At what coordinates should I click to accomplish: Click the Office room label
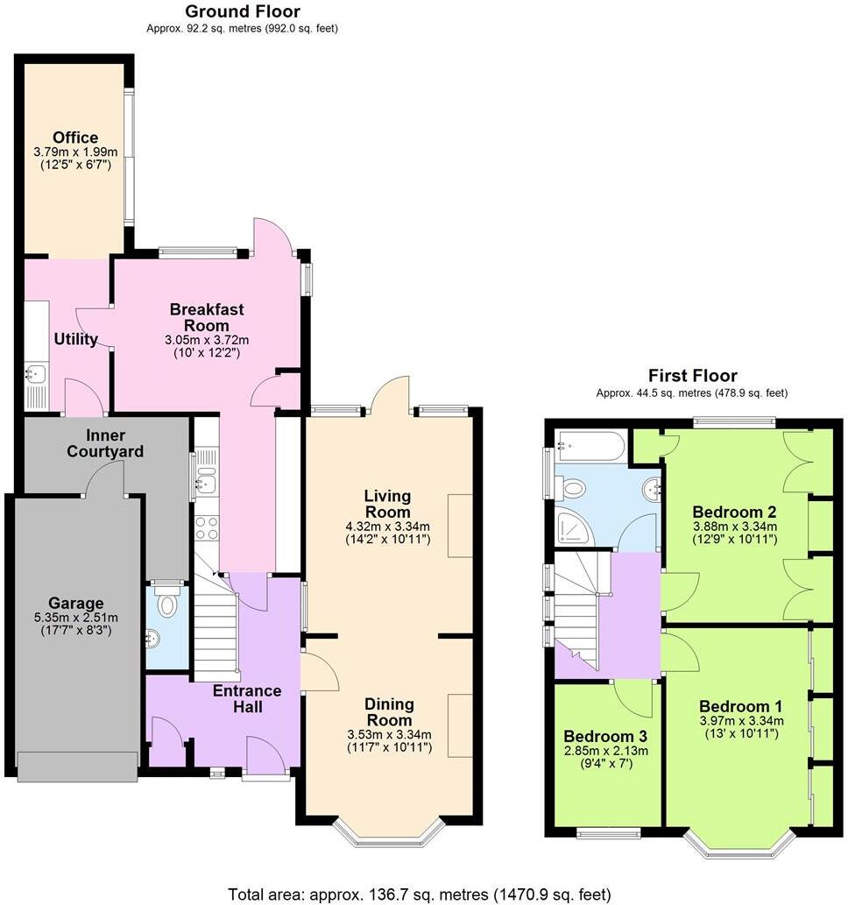(74, 138)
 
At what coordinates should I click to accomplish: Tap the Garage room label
(75, 603)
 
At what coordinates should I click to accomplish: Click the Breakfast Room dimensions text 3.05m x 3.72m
(207, 340)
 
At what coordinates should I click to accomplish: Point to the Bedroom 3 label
(605, 735)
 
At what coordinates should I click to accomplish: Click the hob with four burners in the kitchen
(206, 528)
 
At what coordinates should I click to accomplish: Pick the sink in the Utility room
(35, 375)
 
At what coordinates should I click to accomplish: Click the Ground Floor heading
(242, 11)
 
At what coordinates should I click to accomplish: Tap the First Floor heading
(692, 376)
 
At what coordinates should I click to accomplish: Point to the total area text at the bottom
(419, 894)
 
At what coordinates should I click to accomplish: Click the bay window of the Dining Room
(391, 836)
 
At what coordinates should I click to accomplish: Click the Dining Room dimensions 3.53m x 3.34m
(389, 734)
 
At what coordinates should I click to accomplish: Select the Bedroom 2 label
(734, 512)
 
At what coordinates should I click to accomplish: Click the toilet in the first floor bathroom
(576, 487)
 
